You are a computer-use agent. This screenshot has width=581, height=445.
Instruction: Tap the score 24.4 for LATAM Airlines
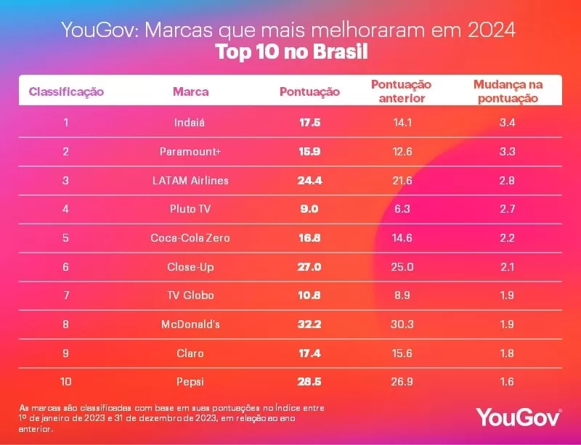[309, 180]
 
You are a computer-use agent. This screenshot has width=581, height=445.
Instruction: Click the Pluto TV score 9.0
[309, 209]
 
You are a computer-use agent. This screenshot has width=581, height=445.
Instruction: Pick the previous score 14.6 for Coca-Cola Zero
[402, 238]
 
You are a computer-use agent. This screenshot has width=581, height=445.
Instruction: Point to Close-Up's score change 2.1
[507, 267]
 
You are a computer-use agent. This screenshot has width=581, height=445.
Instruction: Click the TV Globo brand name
[191, 295]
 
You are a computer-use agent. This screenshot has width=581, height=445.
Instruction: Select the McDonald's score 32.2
[309, 324]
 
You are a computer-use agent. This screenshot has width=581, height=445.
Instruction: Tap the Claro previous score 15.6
[402, 354]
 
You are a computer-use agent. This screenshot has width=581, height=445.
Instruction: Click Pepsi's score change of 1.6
[507, 382]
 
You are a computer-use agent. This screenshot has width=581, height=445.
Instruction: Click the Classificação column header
[66, 91]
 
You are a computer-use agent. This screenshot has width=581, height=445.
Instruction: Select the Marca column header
[191, 91]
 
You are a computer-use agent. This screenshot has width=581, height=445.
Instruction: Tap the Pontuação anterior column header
[402, 91]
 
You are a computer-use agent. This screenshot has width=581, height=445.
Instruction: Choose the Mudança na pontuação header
[507, 91]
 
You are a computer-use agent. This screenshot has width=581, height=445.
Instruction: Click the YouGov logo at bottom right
[519, 417]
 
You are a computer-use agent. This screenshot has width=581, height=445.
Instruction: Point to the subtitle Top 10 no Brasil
[291, 53]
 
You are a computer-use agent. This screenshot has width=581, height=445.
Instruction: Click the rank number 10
[66, 382]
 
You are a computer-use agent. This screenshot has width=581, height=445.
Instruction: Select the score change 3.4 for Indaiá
[507, 123]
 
